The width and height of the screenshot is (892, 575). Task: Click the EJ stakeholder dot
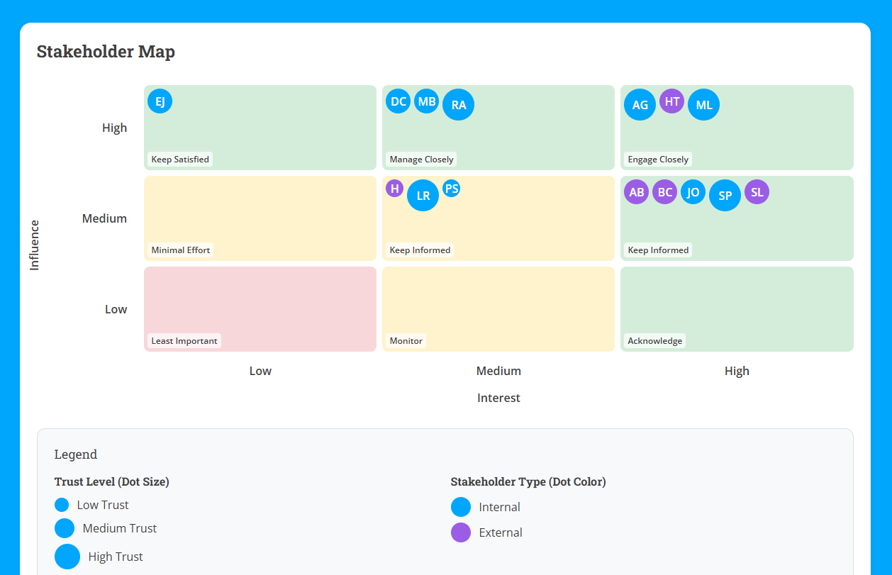(160, 101)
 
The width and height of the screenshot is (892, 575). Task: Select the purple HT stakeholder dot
(671, 101)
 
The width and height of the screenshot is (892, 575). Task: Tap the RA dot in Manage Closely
(458, 105)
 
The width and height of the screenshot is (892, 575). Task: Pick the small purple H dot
(394, 189)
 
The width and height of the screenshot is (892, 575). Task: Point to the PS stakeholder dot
(451, 189)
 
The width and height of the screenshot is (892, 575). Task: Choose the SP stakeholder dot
(725, 196)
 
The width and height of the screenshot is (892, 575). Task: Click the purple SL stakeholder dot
(757, 192)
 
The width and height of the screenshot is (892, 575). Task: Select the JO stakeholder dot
(693, 192)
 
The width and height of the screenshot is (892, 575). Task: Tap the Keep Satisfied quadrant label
(180, 160)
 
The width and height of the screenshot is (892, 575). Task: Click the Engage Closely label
(658, 160)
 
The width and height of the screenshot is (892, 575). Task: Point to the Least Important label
(184, 341)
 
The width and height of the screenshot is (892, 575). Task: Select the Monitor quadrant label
(406, 341)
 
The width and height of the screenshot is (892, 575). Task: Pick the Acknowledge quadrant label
(654, 341)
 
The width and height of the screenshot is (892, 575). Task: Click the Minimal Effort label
(180, 250)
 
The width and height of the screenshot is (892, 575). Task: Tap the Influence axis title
(34, 245)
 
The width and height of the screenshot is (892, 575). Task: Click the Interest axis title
(498, 398)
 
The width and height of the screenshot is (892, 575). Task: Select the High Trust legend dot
(67, 557)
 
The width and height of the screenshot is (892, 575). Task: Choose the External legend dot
(461, 532)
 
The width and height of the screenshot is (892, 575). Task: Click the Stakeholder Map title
(106, 52)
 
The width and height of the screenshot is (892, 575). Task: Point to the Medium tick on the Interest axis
(498, 371)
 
